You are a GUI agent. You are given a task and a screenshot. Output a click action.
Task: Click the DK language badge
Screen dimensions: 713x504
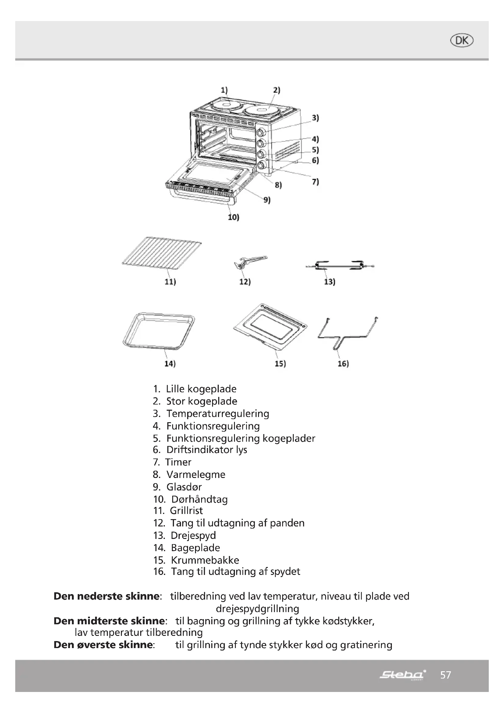461,41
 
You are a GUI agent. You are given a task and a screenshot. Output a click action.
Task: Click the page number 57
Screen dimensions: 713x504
445,675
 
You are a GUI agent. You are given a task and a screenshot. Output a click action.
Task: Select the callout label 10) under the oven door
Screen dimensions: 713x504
233,217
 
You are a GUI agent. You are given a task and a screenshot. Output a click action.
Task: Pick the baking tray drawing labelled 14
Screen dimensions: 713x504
158,331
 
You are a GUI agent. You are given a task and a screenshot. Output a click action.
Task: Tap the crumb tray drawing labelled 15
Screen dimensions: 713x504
270,326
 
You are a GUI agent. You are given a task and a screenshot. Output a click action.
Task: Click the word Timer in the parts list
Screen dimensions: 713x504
179,462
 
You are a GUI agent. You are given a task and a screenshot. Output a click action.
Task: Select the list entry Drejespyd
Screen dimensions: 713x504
193,535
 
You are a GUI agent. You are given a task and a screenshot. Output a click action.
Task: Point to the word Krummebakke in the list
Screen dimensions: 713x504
205,560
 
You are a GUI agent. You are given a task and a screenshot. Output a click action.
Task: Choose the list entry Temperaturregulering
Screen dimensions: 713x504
218,414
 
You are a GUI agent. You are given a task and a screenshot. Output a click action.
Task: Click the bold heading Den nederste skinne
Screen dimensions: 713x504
106,596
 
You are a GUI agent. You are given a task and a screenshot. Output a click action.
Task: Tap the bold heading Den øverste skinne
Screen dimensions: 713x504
103,645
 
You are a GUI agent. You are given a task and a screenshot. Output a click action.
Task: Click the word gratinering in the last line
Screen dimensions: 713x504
366,645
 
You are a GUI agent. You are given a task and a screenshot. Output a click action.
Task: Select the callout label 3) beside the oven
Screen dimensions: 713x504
315,118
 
